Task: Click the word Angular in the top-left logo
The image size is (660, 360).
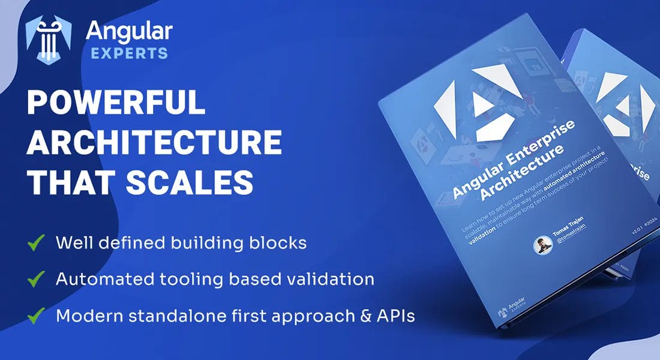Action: point(129,31)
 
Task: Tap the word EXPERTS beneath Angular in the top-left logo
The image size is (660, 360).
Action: point(128,53)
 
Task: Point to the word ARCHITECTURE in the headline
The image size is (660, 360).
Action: point(154,142)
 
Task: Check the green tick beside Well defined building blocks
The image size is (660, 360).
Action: point(36,243)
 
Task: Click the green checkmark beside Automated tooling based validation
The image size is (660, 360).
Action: point(36,279)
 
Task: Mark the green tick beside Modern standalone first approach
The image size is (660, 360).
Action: point(36,316)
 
